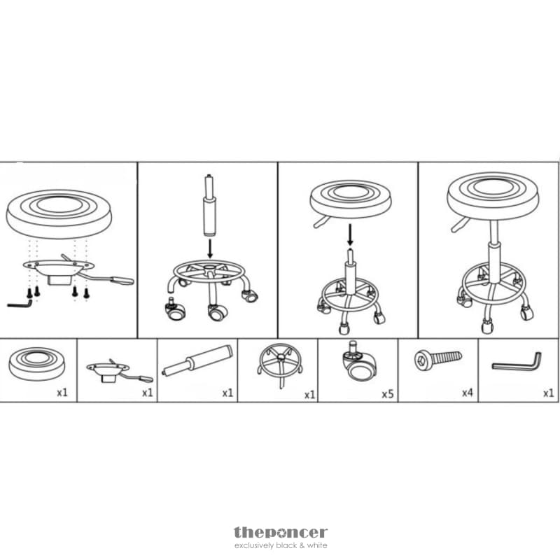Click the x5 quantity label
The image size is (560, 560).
pos(388,394)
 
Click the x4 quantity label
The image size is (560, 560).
pos(467,393)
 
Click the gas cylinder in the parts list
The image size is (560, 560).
pos(197,360)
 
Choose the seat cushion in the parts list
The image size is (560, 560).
pos(37,363)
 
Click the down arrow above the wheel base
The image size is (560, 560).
pos(210,249)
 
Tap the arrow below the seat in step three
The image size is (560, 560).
pos(351,234)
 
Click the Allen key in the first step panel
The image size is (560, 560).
pos(20,304)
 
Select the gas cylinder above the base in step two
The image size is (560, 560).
pos(209,205)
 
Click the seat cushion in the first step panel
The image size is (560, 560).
pos(59,213)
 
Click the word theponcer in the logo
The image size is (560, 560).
pos(281,533)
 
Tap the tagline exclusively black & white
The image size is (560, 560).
pos(281,546)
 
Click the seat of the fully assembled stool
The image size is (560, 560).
pos(493,195)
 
